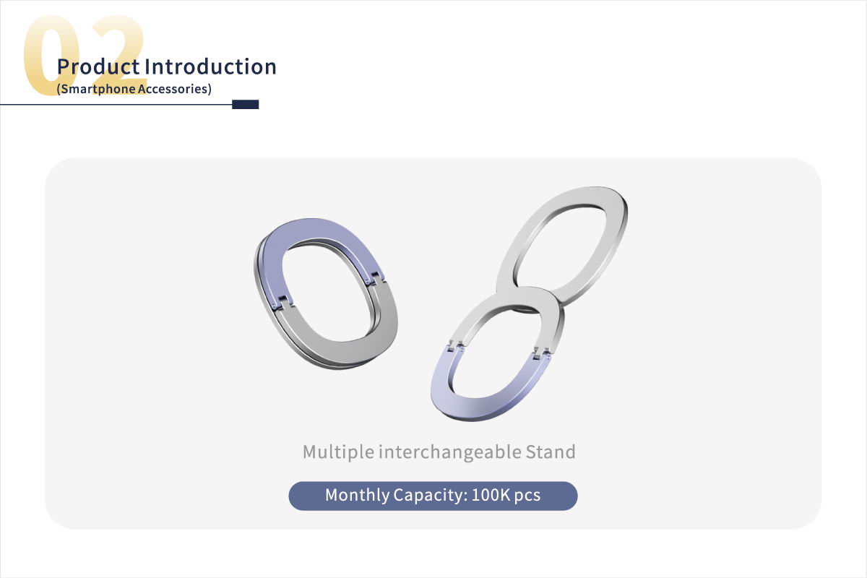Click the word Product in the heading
pos(98,66)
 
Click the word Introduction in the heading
pos(210,66)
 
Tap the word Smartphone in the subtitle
pos(98,89)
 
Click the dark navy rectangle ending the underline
pos(246,105)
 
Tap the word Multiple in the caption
pos(339,452)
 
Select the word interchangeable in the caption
pos(450,452)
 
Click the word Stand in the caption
pos(551,452)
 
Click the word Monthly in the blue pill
pos(357,495)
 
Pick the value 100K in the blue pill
pos(491,495)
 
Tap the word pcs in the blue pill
pos(527,496)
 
